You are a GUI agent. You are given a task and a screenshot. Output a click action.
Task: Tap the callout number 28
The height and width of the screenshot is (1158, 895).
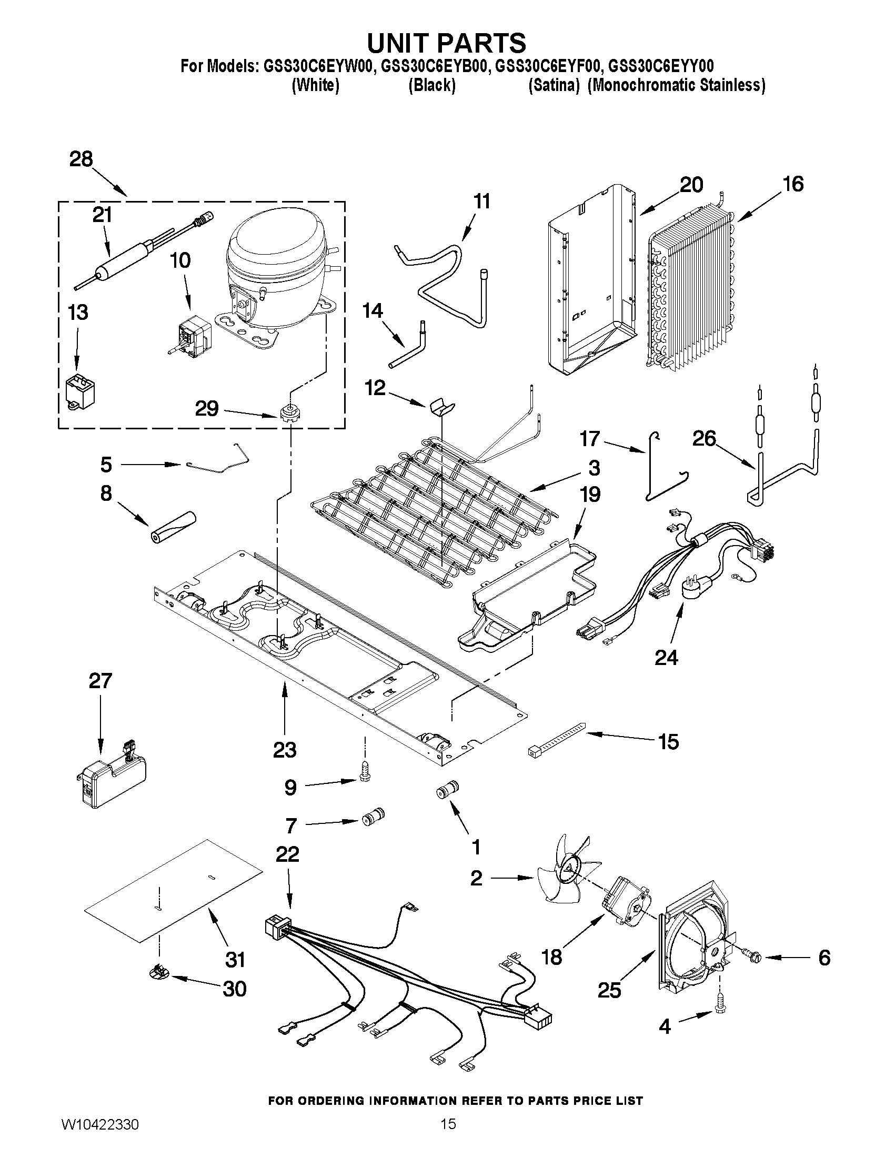81,159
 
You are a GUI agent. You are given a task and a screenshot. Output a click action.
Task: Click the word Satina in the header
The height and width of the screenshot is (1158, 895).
554,85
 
